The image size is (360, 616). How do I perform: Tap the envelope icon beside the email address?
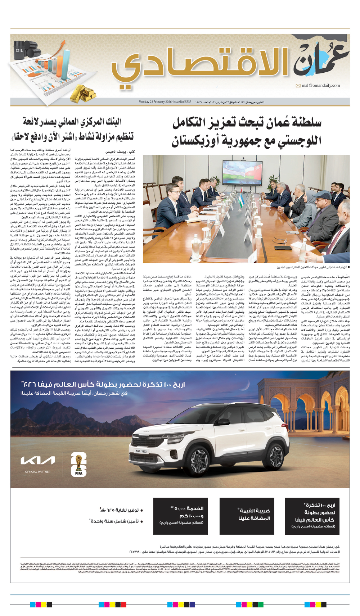click(298, 86)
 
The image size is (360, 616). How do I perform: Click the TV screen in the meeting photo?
click(242, 172)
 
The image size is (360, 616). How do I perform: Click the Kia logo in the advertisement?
click(38, 460)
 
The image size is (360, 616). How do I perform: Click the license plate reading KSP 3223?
click(141, 451)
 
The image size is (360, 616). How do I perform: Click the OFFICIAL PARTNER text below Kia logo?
click(37, 471)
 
